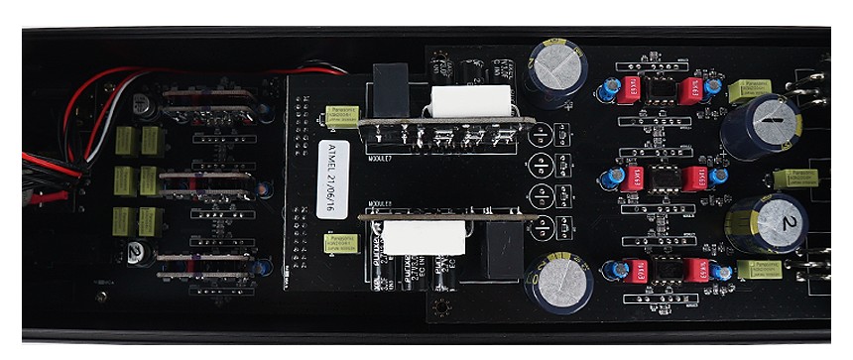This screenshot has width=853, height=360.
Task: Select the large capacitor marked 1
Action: (762, 124)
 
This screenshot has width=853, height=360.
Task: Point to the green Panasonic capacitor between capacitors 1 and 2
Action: (792, 179)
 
